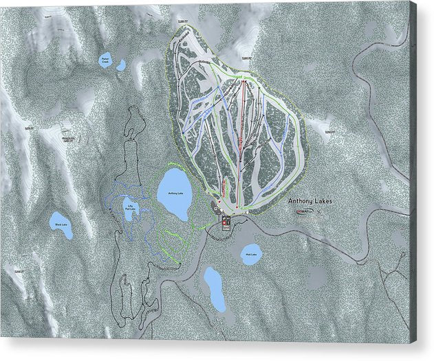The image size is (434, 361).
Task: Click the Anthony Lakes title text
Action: tap(310, 200)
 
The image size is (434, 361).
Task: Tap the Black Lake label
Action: tap(60, 222)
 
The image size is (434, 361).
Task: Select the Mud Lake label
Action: tap(251, 255)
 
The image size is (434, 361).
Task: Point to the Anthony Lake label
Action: tap(175, 194)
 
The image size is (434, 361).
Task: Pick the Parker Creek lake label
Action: tap(106, 61)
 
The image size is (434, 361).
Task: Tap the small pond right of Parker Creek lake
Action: tap(122, 65)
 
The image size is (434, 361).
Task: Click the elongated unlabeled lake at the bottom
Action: tap(215, 288)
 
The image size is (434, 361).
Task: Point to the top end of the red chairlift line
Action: tap(243, 81)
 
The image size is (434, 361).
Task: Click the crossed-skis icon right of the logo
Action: tap(319, 211)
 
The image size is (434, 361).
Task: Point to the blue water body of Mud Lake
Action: tap(251, 253)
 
